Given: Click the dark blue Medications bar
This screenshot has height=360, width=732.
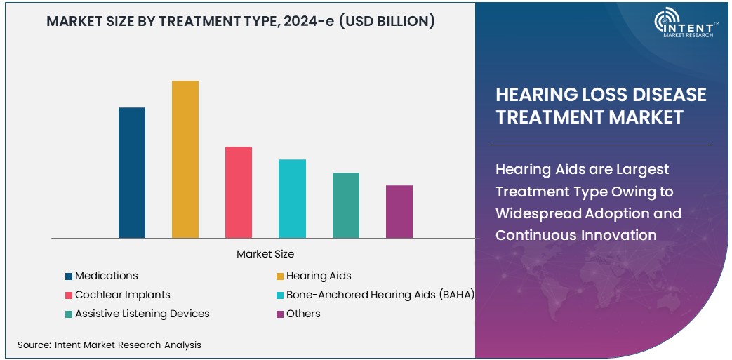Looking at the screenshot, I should coord(132,173).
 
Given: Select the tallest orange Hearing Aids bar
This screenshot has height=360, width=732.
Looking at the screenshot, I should coord(185,159).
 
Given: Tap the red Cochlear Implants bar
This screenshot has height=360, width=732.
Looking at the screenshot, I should coord(239,192).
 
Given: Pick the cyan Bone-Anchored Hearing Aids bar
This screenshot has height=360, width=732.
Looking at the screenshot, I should coord(292,199).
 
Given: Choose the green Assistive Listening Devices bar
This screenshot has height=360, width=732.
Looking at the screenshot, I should coord(346,205).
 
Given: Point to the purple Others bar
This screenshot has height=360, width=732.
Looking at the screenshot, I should coord(399,211).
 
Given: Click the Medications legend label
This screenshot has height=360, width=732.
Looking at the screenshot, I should coord(106,276).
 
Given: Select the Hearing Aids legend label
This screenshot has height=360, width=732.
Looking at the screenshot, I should coord(319,276).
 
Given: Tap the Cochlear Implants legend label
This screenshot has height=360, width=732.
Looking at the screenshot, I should coord(122,295).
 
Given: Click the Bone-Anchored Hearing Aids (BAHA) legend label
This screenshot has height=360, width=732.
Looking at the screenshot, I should coord(380,295).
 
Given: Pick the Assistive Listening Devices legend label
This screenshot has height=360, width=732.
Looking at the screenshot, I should coord(142,314).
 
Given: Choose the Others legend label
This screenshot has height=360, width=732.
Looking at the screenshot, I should coord(303,314).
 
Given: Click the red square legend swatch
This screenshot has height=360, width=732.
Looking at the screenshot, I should coord(69,295).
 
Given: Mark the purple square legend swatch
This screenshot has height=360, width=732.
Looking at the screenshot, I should coord(280,314).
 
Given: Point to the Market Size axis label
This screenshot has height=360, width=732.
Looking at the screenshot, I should coord(265,253).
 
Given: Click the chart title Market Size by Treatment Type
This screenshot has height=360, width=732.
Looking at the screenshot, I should coord(240,22).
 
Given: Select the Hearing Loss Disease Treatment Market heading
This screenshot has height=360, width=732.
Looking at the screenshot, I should coord(601,106).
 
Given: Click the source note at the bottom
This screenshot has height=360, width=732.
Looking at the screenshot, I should coord(109,345).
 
